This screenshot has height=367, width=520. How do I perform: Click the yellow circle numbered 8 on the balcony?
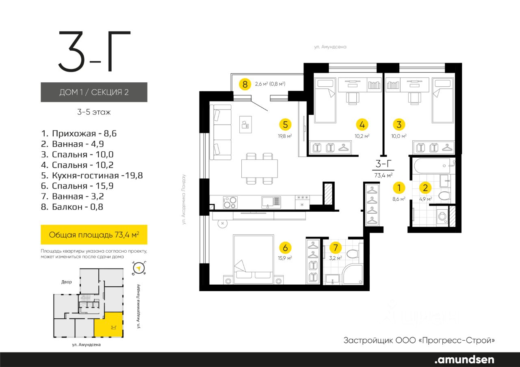coord(245,84)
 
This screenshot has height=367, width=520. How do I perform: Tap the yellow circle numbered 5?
coord(285,124)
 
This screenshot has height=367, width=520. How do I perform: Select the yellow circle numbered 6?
coord(285,248)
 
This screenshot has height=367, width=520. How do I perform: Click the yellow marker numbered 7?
coord(336,248)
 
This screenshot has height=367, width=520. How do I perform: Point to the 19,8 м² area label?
coord(285,136)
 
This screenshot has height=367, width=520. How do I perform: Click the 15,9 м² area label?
coord(285,258)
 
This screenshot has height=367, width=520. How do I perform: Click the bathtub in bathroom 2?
coord(435,165)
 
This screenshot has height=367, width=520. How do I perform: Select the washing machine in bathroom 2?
coord(442,217)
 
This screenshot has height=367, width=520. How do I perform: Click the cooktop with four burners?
coord(230,202)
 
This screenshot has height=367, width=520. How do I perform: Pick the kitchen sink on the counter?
coord(271,202)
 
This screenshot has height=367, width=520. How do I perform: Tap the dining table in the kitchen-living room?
coord(260,168)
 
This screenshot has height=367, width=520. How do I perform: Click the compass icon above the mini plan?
coord(139,268)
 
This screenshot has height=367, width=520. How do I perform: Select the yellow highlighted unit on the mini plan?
coord(108,324)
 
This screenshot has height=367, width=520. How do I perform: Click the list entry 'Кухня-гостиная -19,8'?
coord(92,176)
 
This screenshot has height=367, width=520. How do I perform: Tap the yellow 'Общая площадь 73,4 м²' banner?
coord(94,234)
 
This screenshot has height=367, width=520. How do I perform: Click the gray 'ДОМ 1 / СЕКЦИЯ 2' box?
coord(94,92)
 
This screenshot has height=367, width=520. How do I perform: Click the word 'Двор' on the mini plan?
coord(66,282)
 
